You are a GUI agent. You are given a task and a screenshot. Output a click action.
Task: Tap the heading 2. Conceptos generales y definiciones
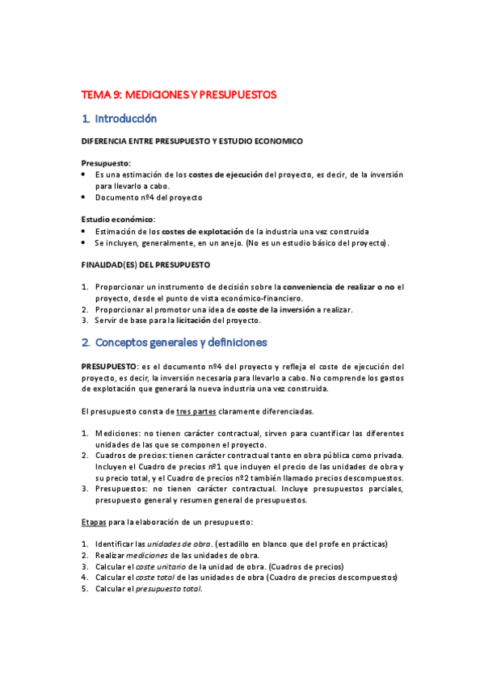(175, 342)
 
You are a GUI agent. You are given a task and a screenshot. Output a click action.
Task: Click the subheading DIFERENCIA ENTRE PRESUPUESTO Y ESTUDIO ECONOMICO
(192, 141)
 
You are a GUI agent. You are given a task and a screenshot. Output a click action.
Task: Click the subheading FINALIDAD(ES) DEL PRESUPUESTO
(145, 264)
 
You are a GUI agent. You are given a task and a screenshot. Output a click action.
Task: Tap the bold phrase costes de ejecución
(225, 174)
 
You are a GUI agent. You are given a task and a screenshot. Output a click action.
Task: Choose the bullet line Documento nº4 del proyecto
(149, 197)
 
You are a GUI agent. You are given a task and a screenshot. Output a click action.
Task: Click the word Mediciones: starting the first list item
(121, 433)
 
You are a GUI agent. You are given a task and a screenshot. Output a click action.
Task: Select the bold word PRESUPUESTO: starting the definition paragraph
(109, 366)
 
